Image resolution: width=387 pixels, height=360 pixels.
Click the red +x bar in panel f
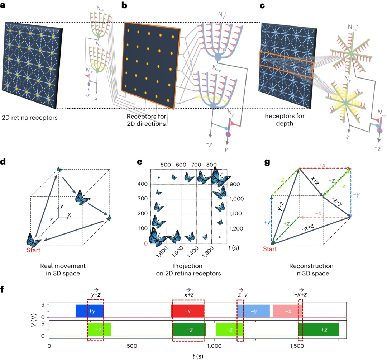coord(187,311)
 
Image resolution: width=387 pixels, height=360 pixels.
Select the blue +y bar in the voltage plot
coord(90,311)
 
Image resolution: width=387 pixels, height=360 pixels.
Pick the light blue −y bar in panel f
coord(253,311)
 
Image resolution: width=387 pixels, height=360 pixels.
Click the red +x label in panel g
coord(324,165)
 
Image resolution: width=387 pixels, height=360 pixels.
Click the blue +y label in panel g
coord(266,222)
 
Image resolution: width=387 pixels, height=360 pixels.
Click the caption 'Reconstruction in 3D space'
coord(311,270)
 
